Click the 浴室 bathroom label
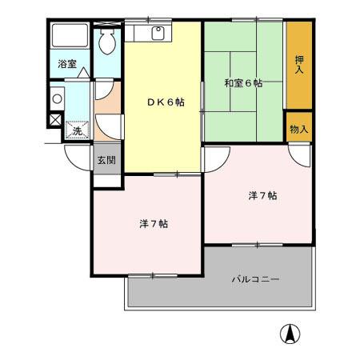coord(66,65)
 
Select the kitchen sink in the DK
coord(157,33)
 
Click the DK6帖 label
coord(166,102)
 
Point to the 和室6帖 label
coord(243,83)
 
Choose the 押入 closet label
coord(298,65)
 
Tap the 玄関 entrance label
coord(106,160)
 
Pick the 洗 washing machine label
coord(77,130)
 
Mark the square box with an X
coord(54,121)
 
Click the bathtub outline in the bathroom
coord(70,37)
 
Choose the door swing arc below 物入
coord(296,156)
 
